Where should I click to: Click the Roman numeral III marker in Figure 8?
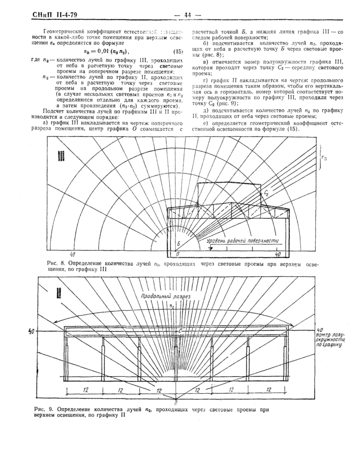(61, 155)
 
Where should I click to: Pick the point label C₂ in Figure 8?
(267, 192)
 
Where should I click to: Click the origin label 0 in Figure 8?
(177, 254)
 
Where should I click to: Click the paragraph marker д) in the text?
(206, 125)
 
